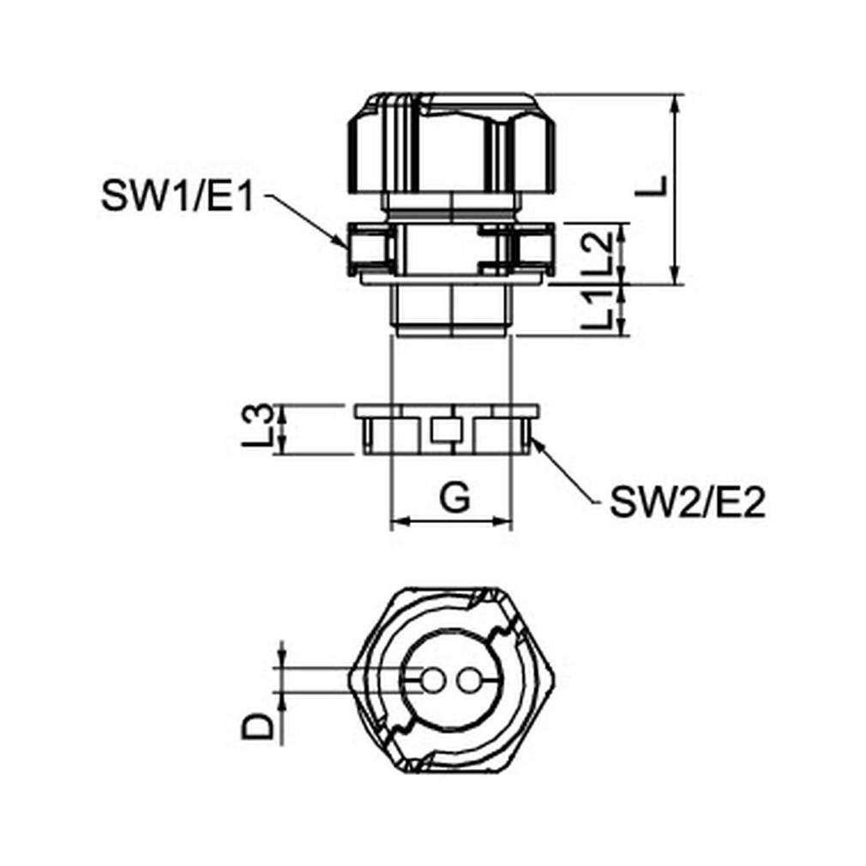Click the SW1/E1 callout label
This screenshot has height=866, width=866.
177,196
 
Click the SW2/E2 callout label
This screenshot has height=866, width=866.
688,502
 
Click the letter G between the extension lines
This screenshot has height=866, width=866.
454,497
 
